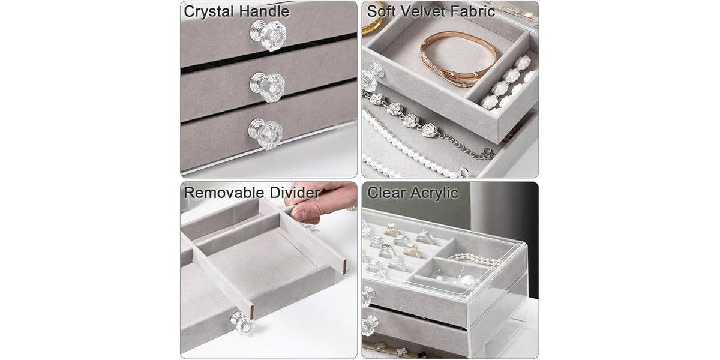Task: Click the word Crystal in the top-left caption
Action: pyautogui.click(x=209, y=11)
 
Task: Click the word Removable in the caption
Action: pyautogui.click(x=224, y=193)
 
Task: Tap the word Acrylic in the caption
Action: pyautogui.click(x=434, y=193)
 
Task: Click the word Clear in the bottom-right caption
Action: pyautogui.click(x=386, y=193)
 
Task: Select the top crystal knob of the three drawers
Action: pyautogui.click(x=268, y=35)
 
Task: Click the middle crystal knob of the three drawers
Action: pyautogui.click(x=268, y=88)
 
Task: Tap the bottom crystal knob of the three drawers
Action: pyautogui.click(x=265, y=134)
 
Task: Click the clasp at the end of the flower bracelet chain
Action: pyautogui.click(x=488, y=154)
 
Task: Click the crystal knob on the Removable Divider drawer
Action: pyautogui.click(x=242, y=323)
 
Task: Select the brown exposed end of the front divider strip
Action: pyautogui.click(x=251, y=313)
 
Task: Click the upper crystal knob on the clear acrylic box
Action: pyautogui.click(x=368, y=296)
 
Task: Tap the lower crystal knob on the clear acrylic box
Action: pyautogui.click(x=370, y=325)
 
